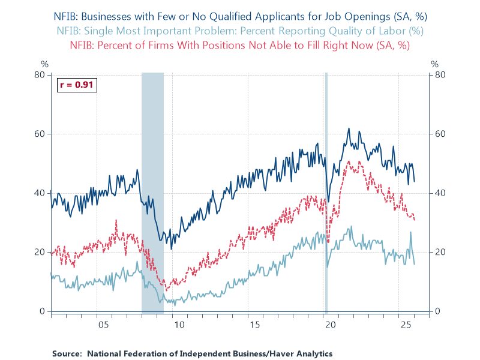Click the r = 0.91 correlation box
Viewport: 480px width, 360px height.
[76, 85]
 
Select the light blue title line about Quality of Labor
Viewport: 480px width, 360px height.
[239, 31]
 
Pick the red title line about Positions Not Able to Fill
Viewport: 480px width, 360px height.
[239, 44]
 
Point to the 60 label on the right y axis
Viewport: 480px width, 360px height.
[438, 134]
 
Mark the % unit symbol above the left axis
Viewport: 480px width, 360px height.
[44, 64]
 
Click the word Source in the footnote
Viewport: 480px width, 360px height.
[67, 353]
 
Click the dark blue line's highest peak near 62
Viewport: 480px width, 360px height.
[349, 128]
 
